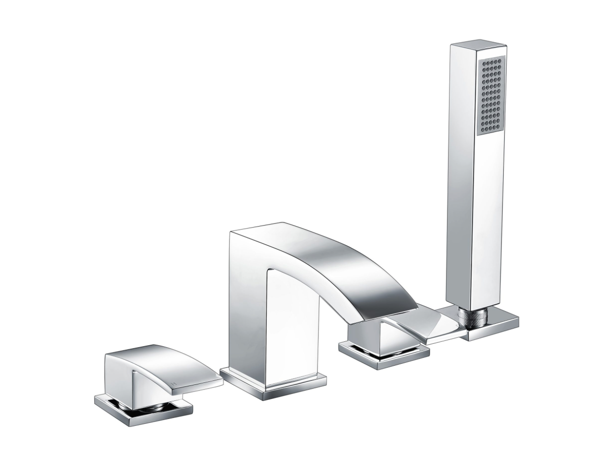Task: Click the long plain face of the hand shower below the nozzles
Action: tap(489, 220)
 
